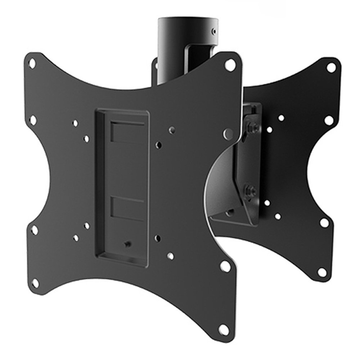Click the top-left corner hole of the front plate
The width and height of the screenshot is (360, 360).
pyautogui.click(x=32, y=64)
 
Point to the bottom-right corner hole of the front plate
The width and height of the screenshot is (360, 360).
pyautogui.click(x=224, y=328)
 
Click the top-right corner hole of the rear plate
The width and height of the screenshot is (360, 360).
pyautogui.click(x=330, y=67)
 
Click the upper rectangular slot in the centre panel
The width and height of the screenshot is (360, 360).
pyautogui.click(x=127, y=132)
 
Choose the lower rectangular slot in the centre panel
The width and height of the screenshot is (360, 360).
pyautogui.click(x=127, y=208)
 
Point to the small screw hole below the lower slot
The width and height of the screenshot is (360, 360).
pyautogui.click(x=127, y=244)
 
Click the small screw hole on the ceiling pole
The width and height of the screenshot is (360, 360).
pyautogui.click(x=215, y=31)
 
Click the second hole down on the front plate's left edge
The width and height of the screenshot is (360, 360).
pyautogui.click(x=33, y=120)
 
